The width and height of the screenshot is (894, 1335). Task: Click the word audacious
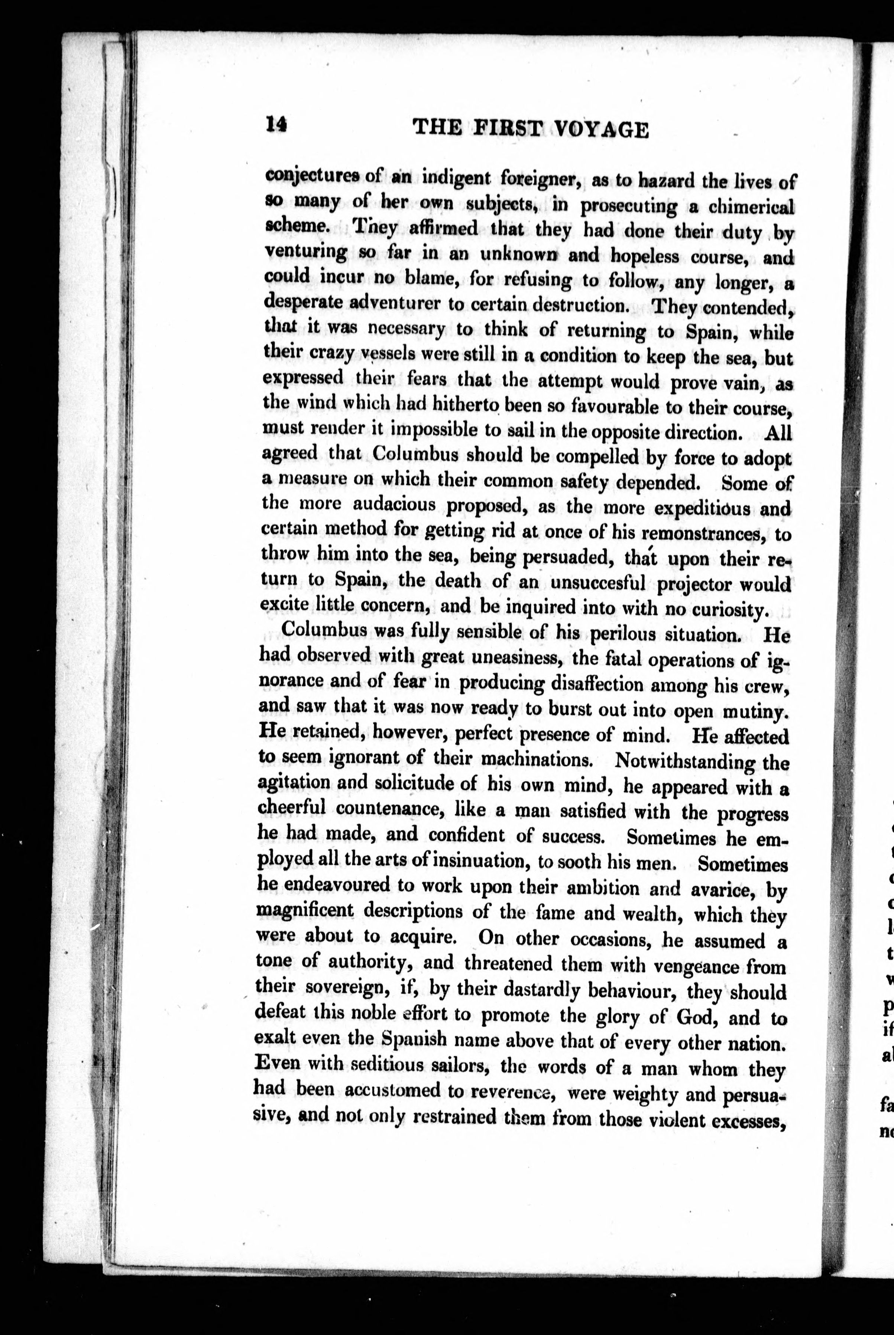394,505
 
